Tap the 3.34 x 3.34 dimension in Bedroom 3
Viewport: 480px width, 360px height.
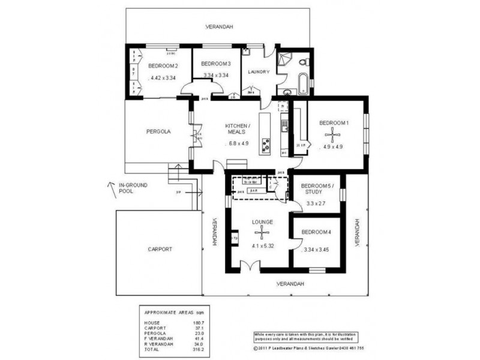tap(215, 75)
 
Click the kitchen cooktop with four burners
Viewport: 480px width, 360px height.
tap(265, 144)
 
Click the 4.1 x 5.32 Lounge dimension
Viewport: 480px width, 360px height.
tap(262, 245)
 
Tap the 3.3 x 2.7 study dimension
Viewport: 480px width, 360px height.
tap(316, 203)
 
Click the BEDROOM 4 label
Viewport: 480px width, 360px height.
tap(316, 232)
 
